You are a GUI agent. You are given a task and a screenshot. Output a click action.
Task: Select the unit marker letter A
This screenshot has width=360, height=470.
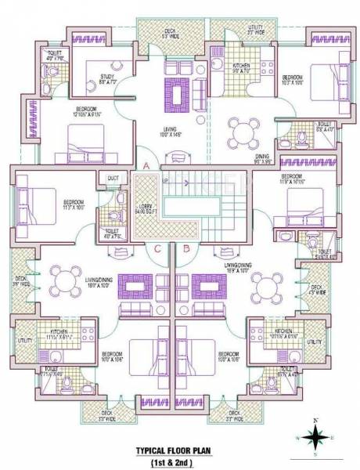click(146, 164)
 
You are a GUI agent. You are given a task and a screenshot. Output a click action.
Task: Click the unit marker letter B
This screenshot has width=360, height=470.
click(185, 249)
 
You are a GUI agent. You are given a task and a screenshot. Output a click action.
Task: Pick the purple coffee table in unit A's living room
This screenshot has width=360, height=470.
click(179, 95)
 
